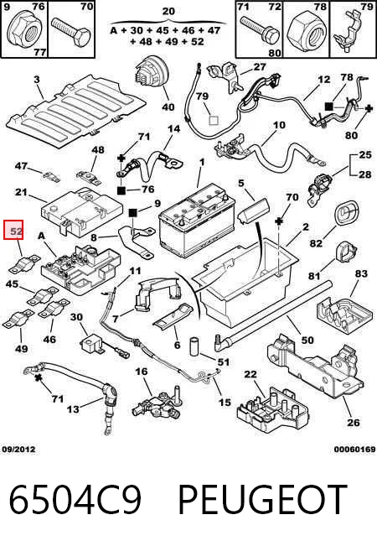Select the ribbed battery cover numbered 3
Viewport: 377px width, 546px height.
[76, 111]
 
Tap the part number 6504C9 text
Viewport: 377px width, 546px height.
[75, 500]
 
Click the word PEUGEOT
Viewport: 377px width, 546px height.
[262, 500]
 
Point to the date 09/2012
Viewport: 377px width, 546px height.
[18, 450]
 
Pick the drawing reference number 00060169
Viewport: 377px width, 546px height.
[354, 450]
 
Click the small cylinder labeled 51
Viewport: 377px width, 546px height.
[194, 346]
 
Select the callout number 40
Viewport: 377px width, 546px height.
[168, 107]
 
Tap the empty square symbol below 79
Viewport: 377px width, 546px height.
[213, 121]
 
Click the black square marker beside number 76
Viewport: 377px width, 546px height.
[121, 190]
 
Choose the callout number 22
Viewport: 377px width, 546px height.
[250, 374]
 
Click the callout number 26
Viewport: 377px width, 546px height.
[354, 423]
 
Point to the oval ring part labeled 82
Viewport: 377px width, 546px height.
[346, 213]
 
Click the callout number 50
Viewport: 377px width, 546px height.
[307, 340]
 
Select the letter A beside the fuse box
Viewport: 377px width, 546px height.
[41, 236]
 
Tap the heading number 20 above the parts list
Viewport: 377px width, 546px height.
[168, 12]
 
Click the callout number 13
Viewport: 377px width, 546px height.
[73, 408]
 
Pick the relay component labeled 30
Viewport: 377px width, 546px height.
[92, 343]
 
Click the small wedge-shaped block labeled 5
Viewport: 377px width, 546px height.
[253, 210]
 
